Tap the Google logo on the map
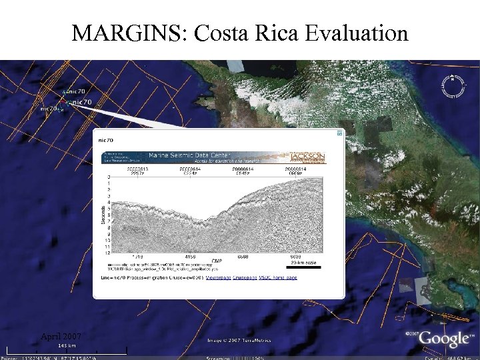click(443, 339)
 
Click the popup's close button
click(339, 133)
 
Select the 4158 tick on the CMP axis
click(189, 256)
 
